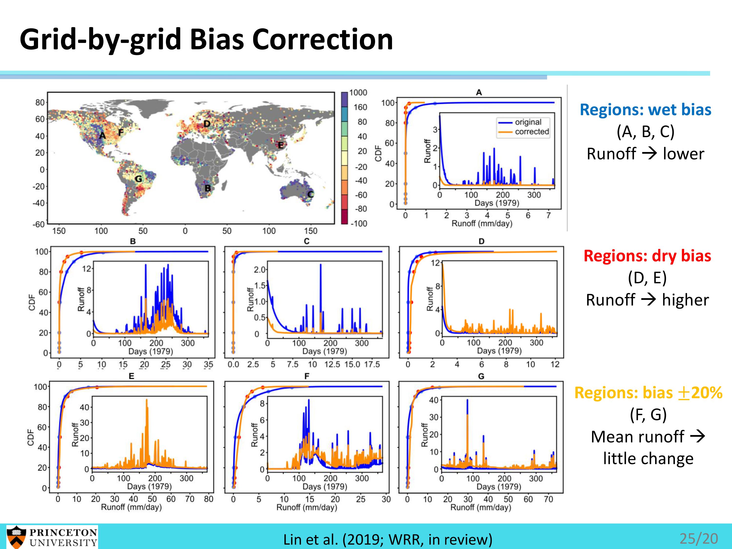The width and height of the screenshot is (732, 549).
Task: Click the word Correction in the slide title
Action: click(x=322, y=40)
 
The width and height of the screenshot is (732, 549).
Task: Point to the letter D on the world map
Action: click(x=207, y=124)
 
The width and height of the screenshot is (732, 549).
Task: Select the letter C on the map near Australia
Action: click(x=310, y=194)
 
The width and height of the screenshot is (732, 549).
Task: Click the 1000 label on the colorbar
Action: click(x=358, y=93)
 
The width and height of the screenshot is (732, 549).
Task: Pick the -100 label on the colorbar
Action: click(x=359, y=224)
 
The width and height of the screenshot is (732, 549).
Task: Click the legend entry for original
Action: click(x=528, y=122)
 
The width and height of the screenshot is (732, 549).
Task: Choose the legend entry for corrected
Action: click(x=531, y=132)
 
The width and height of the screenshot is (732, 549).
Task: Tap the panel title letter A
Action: click(x=479, y=93)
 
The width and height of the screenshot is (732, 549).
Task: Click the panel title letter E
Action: click(x=131, y=376)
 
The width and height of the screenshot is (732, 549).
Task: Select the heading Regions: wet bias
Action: click(x=645, y=110)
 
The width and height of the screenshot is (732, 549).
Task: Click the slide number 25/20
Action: click(x=699, y=539)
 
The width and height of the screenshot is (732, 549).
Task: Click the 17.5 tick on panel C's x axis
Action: click(x=372, y=364)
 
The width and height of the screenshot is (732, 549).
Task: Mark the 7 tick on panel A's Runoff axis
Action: click(x=548, y=215)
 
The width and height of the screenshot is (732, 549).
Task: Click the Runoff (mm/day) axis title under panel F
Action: click(x=307, y=507)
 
